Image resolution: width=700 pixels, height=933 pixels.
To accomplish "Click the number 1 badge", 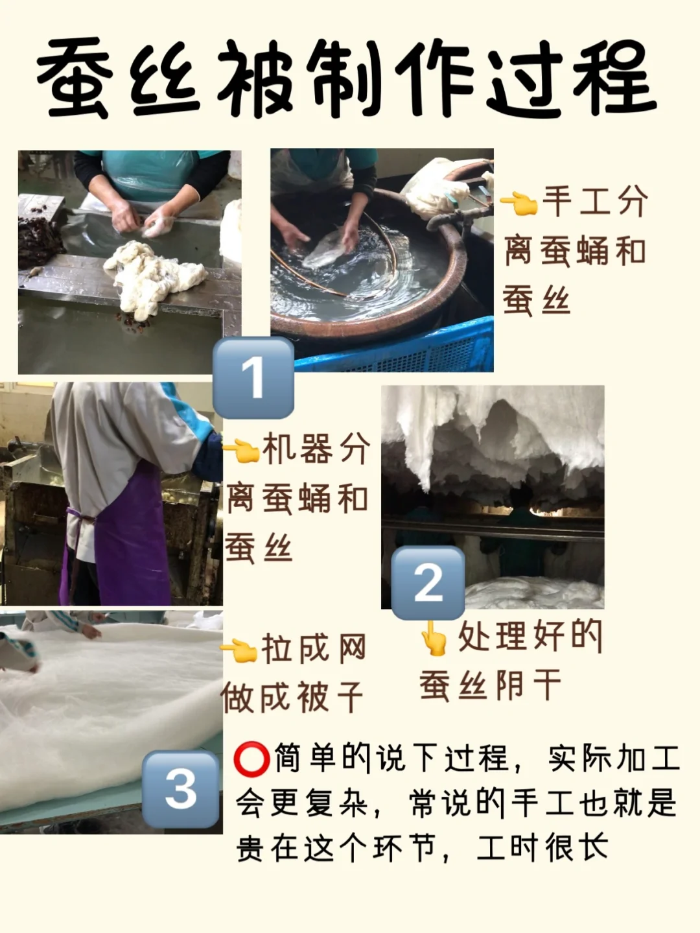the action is (253, 377).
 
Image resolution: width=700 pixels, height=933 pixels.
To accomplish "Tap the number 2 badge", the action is (428, 583).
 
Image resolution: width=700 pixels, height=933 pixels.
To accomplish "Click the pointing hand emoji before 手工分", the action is (519, 203).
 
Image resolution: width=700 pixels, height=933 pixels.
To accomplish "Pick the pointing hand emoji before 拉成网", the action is (239, 651).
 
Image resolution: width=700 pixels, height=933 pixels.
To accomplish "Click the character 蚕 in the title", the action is (76, 78).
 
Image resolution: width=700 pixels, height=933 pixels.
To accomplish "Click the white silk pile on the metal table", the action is (155, 276).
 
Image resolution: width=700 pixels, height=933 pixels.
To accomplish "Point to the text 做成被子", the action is (292, 696).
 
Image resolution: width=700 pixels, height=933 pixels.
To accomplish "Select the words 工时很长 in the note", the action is (543, 846).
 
